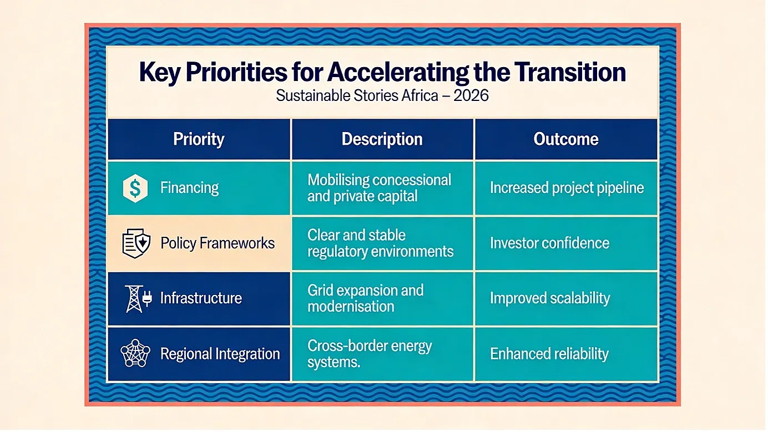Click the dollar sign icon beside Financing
[x=135, y=188]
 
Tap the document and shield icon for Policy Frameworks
[x=136, y=243]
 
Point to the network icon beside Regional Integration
[x=135, y=353]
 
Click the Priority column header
[x=199, y=139]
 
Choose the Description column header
[x=382, y=139]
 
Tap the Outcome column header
[x=566, y=139]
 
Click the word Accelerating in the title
[x=398, y=72]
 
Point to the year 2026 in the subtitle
[x=471, y=95]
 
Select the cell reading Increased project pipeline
[x=566, y=188]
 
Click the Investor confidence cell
[x=566, y=243]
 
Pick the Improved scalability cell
[x=566, y=298]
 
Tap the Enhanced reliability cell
[x=566, y=354]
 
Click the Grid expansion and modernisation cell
[x=382, y=298]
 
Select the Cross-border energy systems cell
[x=382, y=354]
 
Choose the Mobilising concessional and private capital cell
[x=382, y=188]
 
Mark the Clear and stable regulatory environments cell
[x=382, y=243]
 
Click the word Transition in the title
[x=569, y=72]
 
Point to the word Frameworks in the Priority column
[x=237, y=243]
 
